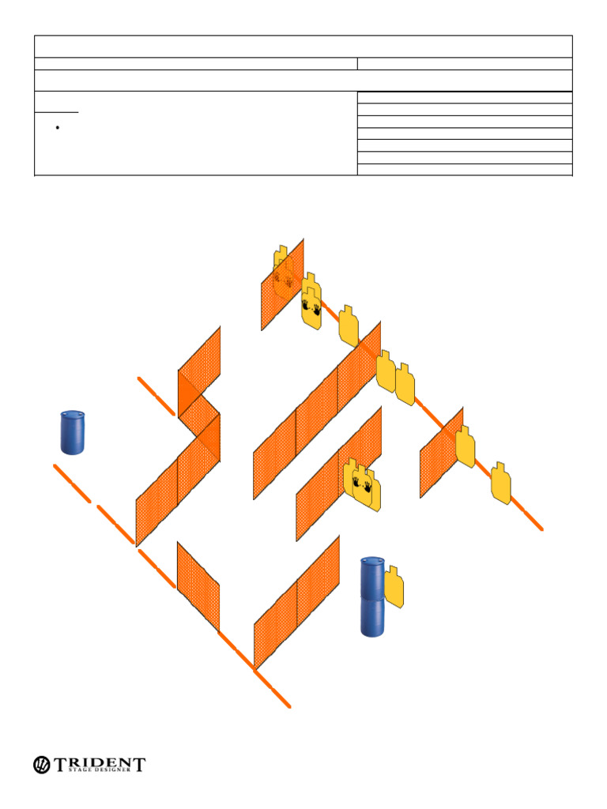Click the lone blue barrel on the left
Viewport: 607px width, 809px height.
[x=73, y=432]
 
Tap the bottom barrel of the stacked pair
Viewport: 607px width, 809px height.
[x=373, y=618]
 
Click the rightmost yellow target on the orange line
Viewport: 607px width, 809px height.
[x=500, y=484]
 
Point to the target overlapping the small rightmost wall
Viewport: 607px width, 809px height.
[x=465, y=446]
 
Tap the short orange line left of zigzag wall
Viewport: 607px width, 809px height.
[x=156, y=396]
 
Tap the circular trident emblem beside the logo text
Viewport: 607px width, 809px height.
[x=42, y=765]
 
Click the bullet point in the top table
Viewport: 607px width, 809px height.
[x=58, y=127]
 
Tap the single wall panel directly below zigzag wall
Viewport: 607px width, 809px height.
[x=197, y=585]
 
